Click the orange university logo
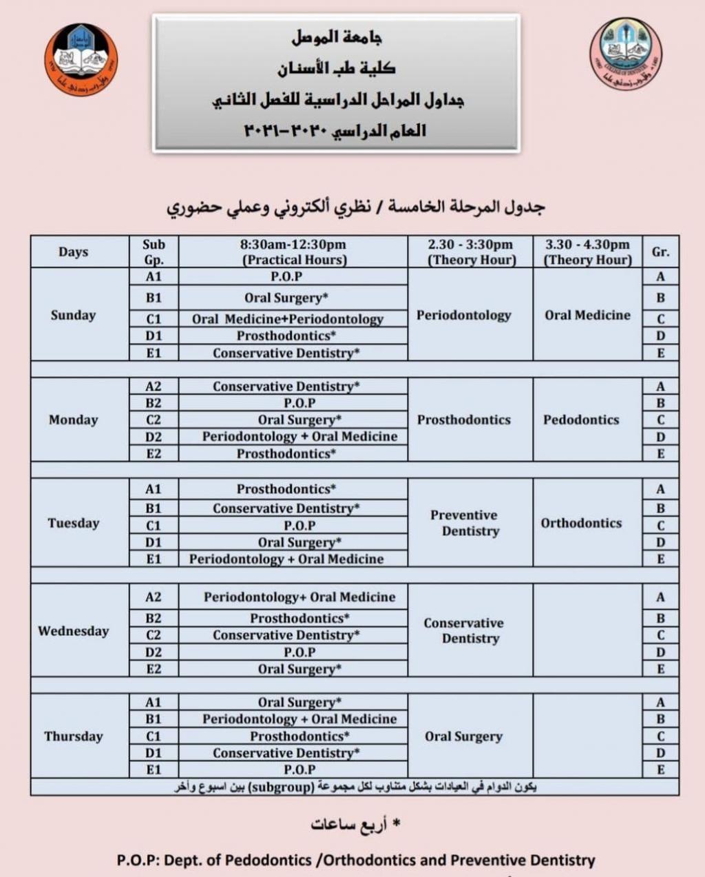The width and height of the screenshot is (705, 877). (81, 59)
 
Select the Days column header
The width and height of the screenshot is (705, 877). (73, 252)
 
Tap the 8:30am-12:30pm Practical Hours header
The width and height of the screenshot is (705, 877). (293, 252)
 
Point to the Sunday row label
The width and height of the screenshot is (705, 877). (73, 315)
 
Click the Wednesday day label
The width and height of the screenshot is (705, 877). (73, 631)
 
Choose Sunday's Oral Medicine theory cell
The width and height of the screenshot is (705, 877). (587, 315)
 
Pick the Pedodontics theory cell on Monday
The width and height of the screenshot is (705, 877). (581, 420)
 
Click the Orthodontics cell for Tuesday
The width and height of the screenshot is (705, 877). (581, 523)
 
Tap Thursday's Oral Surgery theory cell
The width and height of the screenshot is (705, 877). (463, 736)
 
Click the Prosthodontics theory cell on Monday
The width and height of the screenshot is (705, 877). (463, 420)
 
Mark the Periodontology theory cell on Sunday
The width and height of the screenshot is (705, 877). (463, 315)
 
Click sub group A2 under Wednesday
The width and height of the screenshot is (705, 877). (154, 597)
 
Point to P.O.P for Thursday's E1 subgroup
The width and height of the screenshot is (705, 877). (299, 770)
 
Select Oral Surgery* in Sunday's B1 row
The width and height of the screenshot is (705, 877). (286, 298)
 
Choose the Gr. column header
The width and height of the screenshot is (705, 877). (660, 252)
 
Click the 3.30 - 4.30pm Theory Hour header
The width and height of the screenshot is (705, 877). (587, 252)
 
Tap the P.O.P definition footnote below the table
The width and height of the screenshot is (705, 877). (355, 860)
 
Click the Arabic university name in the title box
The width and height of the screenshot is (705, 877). (337, 37)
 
